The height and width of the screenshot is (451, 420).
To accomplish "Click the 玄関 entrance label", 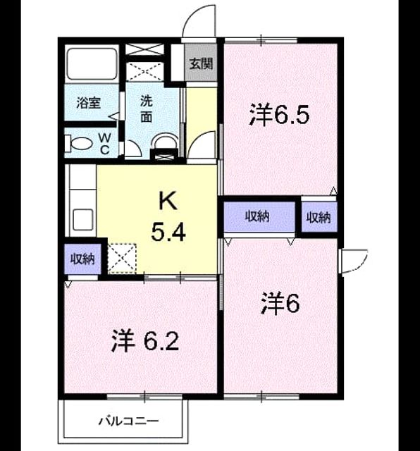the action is [x=201, y=63].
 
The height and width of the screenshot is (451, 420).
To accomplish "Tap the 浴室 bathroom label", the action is [x=89, y=103].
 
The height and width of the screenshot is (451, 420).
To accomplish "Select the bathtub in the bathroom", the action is [x=92, y=64].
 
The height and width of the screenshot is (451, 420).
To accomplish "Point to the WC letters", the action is [x=105, y=144].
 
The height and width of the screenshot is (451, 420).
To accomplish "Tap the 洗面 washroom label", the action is [x=147, y=109].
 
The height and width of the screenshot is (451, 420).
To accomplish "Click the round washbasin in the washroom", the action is [x=164, y=141].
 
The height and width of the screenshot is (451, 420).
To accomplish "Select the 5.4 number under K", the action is [x=168, y=233].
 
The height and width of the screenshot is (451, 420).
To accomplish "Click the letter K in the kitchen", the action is [x=168, y=202].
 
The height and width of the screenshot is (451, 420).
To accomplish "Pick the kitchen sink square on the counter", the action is [x=83, y=219].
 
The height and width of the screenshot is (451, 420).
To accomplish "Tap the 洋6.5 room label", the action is [x=279, y=115].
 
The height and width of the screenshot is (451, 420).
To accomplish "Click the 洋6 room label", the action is [x=280, y=304].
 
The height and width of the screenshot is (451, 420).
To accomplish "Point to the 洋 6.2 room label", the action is [x=145, y=341].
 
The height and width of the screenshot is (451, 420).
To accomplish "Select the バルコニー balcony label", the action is [x=128, y=421].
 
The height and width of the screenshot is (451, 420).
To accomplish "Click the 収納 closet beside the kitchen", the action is [x=83, y=259].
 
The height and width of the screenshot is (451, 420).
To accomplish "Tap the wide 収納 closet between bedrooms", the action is [x=259, y=216].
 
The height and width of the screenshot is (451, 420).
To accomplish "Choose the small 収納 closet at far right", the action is [x=319, y=217].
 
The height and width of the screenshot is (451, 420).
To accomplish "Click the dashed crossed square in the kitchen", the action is [x=122, y=259].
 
